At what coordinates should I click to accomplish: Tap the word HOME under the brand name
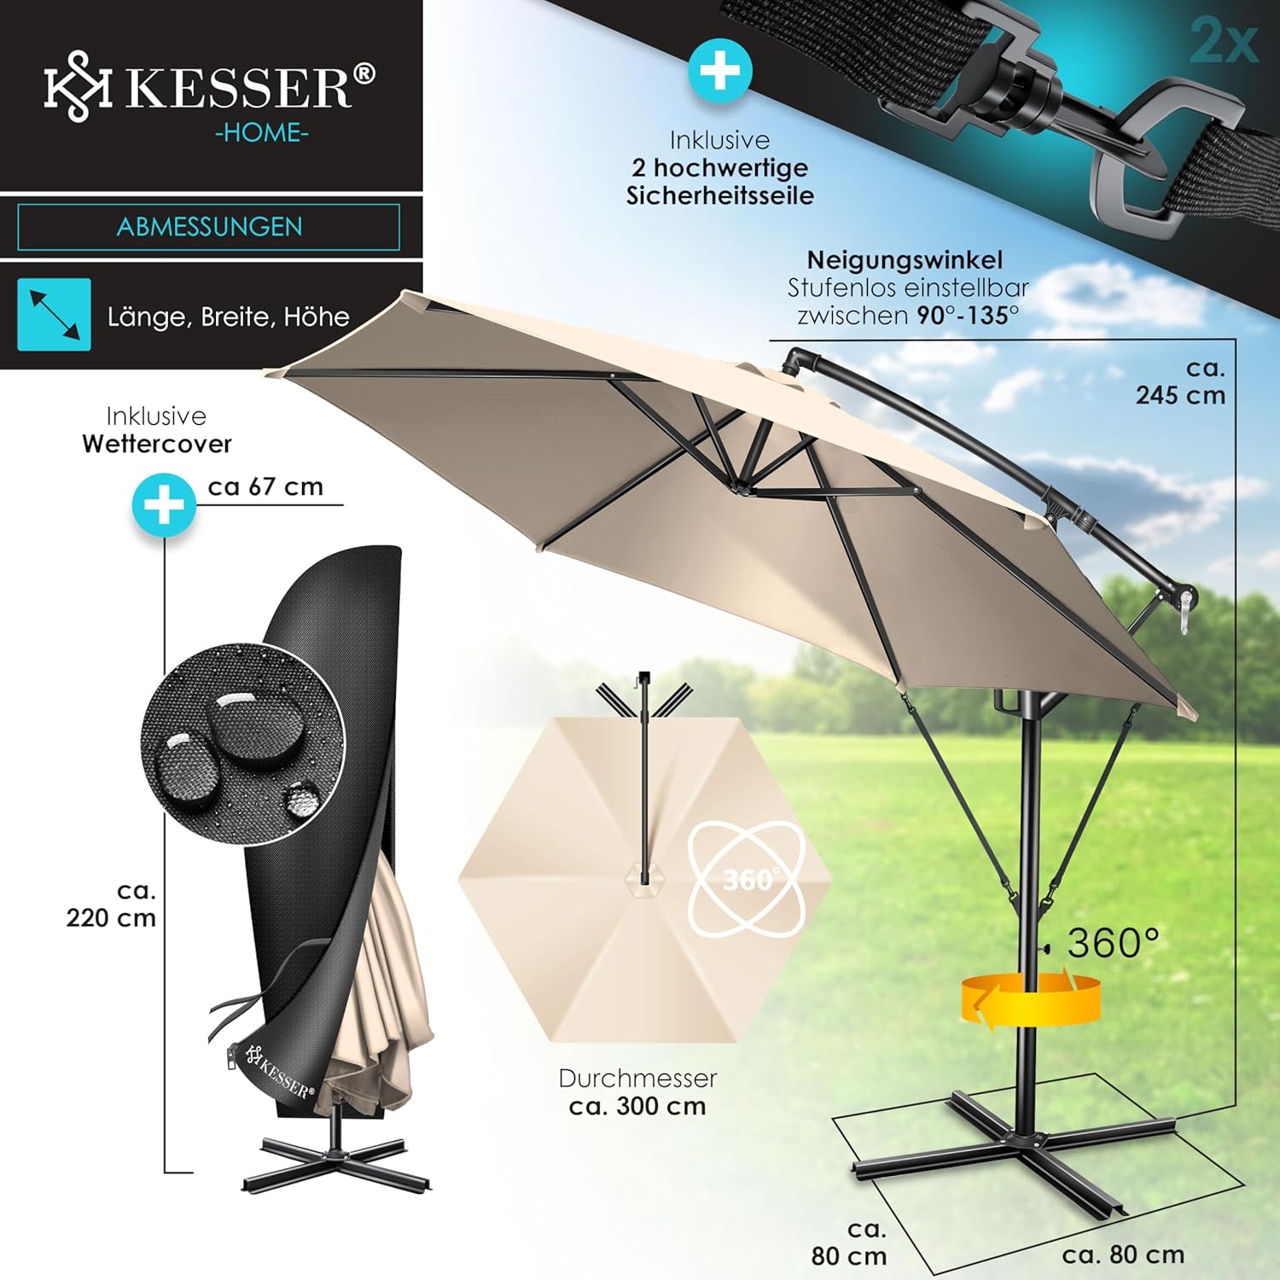click(x=262, y=133)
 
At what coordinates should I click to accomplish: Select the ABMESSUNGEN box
click(x=209, y=227)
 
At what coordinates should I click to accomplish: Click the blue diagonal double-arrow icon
click(x=55, y=314)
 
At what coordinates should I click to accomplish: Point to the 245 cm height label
click(x=1180, y=381)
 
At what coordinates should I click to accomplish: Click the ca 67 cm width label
click(x=265, y=486)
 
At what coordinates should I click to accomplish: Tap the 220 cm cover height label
click(x=111, y=905)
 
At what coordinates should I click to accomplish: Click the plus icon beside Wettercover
click(x=164, y=505)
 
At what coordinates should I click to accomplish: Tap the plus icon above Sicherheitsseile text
click(x=720, y=71)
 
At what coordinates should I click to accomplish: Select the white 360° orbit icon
click(x=747, y=879)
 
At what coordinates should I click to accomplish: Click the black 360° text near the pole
click(x=1114, y=943)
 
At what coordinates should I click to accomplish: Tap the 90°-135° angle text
click(x=968, y=316)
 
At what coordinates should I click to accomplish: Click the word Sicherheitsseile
click(x=720, y=195)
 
